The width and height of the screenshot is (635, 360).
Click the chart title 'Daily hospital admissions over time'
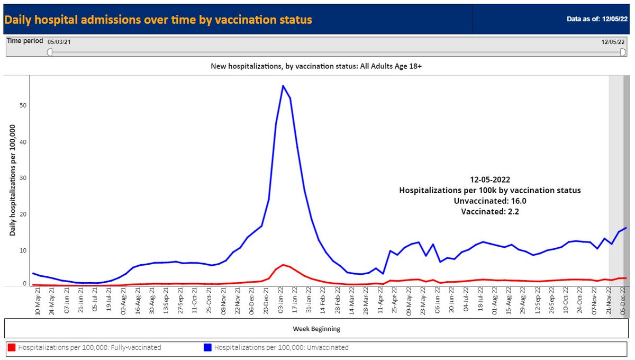click(x=158, y=20)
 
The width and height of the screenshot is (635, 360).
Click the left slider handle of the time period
click(x=50, y=52)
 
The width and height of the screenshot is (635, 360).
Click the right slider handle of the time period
click(x=623, y=52)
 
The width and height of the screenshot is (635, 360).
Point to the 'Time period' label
click(x=25, y=41)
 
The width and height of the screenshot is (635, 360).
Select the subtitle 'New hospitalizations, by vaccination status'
click(x=316, y=66)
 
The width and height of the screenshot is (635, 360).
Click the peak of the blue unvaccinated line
click(x=283, y=86)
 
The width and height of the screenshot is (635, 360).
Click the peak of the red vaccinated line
click(x=283, y=265)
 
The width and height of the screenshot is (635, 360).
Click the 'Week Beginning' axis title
click(x=316, y=329)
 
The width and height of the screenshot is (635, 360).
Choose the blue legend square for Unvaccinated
click(x=208, y=348)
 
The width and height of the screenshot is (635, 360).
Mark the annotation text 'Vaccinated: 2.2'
click(x=489, y=212)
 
